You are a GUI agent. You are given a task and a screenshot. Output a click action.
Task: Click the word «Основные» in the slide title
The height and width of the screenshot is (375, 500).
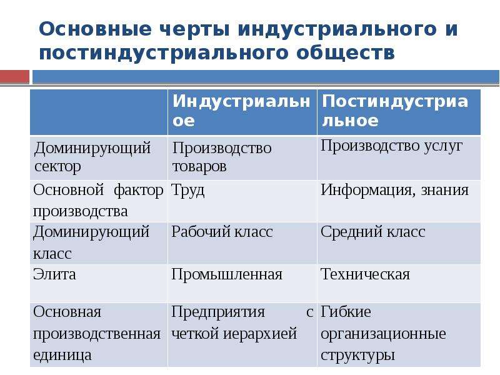tap(95, 29)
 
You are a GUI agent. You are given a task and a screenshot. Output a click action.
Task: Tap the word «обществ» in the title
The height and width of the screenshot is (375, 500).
tap(346, 52)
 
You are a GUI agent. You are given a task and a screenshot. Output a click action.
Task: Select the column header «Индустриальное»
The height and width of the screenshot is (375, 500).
tap(241, 111)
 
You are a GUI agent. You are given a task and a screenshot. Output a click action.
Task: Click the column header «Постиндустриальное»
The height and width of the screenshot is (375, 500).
tap(395, 111)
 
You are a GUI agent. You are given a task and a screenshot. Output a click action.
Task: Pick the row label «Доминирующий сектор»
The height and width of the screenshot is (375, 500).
tap(92, 157)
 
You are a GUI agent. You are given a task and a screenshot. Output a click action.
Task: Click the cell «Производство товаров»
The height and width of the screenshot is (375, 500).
tap(222, 157)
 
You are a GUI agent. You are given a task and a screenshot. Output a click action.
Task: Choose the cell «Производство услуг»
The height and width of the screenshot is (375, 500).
tap(391, 146)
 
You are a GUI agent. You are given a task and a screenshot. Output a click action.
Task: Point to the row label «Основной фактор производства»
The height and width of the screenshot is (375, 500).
tap(98, 201)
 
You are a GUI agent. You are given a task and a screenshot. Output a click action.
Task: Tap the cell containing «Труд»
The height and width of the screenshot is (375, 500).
tap(187, 191)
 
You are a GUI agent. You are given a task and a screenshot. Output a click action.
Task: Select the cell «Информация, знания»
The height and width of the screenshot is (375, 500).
tap(394, 191)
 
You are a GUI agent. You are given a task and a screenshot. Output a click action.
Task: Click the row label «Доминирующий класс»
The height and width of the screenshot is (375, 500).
tap(91, 242)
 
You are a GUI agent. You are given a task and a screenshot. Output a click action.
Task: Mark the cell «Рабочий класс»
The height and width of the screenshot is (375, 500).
tap(222, 232)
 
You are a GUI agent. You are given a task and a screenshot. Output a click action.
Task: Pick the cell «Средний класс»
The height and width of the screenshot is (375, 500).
tap(372, 232)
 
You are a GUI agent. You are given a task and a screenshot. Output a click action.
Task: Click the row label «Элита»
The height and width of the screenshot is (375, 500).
tap(54, 274)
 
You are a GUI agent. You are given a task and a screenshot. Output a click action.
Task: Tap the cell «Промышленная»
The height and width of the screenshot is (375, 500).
tap(227, 274)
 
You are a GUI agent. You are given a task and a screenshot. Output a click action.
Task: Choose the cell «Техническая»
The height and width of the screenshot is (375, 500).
tap(365, 274)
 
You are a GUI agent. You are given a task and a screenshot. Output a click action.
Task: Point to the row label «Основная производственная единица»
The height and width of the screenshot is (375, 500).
tap(97, 334)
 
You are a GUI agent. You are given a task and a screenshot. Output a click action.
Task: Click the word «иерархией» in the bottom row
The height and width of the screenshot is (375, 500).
tap(259, 334)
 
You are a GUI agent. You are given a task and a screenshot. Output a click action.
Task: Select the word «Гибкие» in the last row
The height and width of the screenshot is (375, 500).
tap(346, 312)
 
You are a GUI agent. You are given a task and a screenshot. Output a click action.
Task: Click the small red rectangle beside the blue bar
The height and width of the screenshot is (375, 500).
tap(14, 77)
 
